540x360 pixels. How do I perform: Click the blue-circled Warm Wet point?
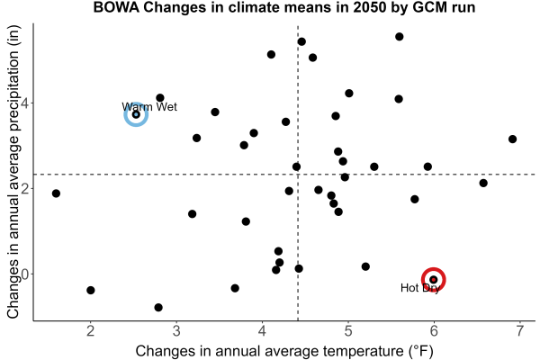136,114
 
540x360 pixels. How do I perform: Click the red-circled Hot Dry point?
434,279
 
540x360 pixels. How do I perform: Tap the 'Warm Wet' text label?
149,107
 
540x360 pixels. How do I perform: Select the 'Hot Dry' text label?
420,288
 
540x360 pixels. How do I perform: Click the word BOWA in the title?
116,7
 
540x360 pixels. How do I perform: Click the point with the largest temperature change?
512,139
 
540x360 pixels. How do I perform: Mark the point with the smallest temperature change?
56,193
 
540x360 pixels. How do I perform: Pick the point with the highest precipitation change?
400,37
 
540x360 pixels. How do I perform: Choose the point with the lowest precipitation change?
158,307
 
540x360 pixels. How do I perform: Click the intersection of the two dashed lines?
298,175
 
